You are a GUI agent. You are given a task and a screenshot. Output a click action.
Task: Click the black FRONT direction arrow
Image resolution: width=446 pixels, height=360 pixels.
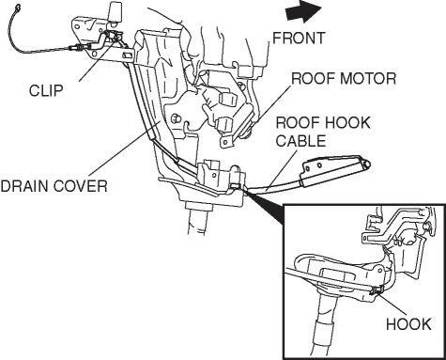click(303, 11)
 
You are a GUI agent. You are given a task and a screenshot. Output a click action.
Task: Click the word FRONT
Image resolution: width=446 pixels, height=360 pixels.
click(299, 39)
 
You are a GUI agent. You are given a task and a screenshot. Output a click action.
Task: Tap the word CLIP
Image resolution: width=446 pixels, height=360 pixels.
click(46, 91)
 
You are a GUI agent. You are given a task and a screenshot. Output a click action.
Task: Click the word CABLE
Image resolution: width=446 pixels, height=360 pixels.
click(300, 141)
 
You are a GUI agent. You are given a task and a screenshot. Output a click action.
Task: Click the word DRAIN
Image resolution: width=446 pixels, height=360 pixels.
click(24, 186)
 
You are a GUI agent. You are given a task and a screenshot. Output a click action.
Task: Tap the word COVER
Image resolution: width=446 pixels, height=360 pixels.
click(81, 186)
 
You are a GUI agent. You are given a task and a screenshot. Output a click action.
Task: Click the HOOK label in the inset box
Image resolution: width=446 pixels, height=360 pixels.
click(408, 324)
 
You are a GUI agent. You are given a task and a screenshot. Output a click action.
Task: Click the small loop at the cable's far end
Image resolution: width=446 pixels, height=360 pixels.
click(18, 6)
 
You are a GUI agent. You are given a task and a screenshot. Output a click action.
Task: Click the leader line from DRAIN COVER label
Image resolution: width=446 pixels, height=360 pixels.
click(125, 148)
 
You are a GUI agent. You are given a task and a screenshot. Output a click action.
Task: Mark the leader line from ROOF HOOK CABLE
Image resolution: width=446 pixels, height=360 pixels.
click(282, 169)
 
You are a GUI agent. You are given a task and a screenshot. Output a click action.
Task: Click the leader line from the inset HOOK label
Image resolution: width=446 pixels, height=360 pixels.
click(392, 304)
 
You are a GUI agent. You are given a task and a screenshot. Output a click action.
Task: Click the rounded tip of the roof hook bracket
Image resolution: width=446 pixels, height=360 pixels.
click(367, 164)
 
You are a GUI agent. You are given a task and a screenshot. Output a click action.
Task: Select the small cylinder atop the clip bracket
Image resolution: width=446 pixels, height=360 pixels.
click(115, 12)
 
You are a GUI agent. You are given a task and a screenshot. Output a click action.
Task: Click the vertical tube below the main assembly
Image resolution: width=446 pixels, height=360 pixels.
click(196, 220)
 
